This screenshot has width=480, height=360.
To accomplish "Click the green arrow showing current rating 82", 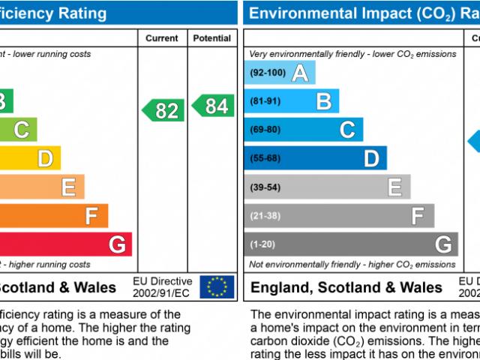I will [x=163, y=110].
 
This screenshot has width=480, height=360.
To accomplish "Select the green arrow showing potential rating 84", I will [x=212, y=106].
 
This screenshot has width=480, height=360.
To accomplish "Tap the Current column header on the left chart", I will [x=162, y=38].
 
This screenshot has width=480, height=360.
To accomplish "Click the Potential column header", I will [x=212, y=38].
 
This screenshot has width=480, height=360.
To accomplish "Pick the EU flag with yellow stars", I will [x=217, y=286].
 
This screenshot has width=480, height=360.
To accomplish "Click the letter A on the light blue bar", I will [x=299, y=73].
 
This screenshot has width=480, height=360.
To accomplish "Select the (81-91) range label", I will [x=265, y=101].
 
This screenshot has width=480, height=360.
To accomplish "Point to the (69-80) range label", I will [x=265, y=130].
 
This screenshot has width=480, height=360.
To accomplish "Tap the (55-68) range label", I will [x=265, y=158].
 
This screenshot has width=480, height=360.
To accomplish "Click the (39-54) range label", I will [x=265, y=187].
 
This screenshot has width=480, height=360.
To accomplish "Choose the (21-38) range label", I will [x=265, y=215].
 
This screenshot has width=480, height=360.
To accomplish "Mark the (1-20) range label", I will [x=262, y=244].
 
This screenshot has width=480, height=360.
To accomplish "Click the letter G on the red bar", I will [x=117, y=244].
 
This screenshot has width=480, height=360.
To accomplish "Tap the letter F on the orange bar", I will [x=91, y=216].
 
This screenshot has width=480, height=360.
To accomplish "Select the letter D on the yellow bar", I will [x=45, y=158].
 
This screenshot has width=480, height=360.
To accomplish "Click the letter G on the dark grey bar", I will [x=443, y=244].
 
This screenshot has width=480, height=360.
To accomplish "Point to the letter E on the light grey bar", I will [x=394, y=187].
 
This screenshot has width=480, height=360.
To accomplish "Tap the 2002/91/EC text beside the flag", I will [x=162, y=292].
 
